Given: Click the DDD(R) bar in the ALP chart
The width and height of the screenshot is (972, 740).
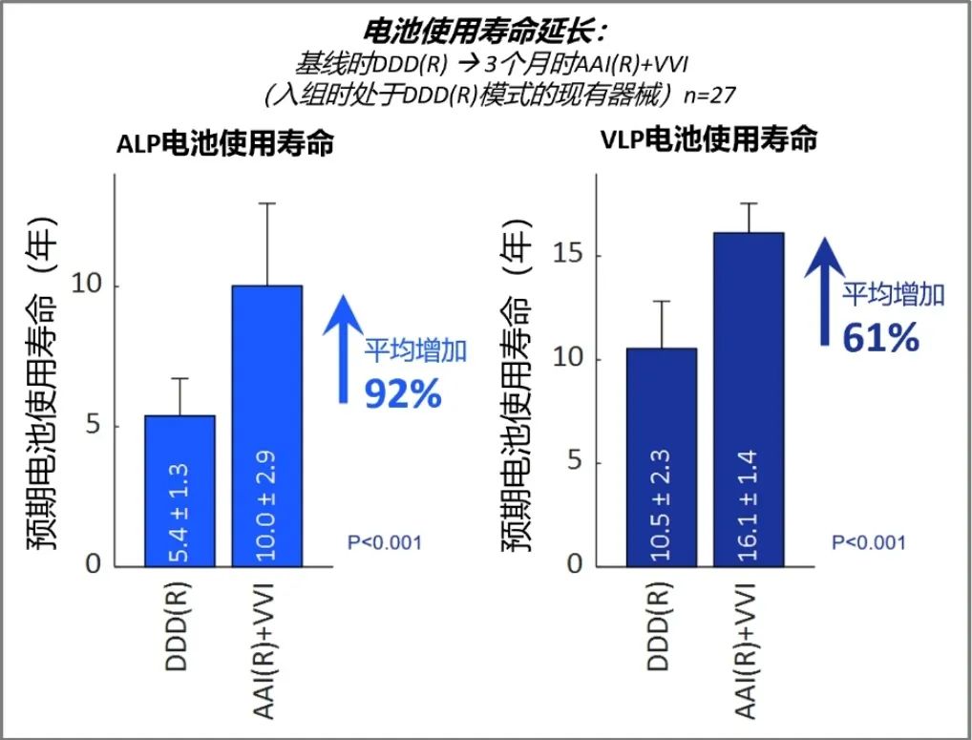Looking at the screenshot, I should click(180, 490).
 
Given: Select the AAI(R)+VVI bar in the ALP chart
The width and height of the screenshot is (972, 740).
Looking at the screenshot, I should click(267, 425).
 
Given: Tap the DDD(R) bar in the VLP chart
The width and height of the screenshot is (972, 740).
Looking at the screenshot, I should click(661, 456).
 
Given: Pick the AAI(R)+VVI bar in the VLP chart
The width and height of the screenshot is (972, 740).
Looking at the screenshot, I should click(749, 398).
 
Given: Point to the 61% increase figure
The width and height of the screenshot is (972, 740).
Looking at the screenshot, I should click(879, 336).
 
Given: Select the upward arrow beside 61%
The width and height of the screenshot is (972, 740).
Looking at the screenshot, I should click(821, 291).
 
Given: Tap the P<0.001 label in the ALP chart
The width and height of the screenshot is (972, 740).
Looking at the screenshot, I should click(384, 543).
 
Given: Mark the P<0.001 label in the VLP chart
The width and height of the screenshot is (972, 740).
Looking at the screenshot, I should click(868, 542).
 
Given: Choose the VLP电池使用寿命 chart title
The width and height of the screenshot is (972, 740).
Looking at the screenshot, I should click(709, 139).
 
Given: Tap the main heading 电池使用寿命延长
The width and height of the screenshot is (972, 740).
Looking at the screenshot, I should click(486, 32).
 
